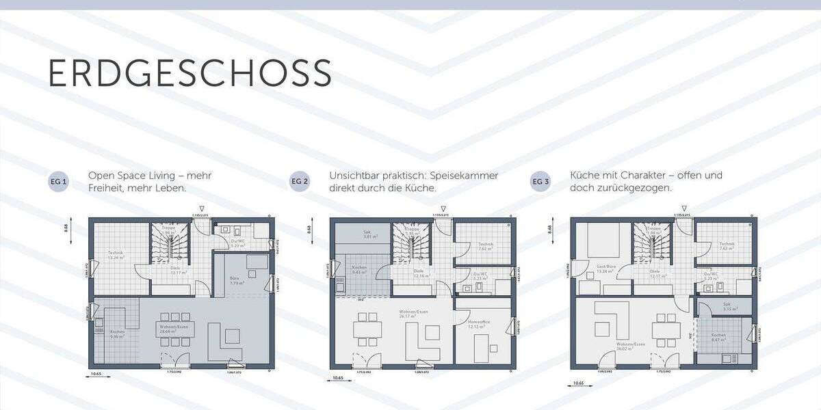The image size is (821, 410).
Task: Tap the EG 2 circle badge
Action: coord(300,182)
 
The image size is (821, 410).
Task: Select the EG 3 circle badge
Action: coord(540,182)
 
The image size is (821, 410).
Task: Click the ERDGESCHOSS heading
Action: coord(190,73)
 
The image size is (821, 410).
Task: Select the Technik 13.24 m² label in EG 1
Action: coord(114,256)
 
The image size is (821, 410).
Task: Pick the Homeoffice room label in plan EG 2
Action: coord(478,323)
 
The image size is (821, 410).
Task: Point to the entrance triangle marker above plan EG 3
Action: coord(684,208)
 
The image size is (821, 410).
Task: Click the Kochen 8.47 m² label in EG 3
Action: coord(718,337)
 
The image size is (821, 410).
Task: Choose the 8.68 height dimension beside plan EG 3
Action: coord(549,229)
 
